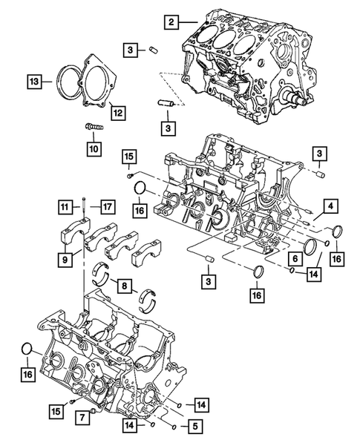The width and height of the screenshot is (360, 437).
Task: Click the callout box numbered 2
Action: (x=171, y=23)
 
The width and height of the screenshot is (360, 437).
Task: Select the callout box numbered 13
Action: (x=34, y=79)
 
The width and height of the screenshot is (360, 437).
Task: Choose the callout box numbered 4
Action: (x=328, y=207)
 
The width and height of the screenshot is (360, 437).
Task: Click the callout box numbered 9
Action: (x=66, y=260)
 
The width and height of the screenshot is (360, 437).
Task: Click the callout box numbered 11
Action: (x=66, y=207)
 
